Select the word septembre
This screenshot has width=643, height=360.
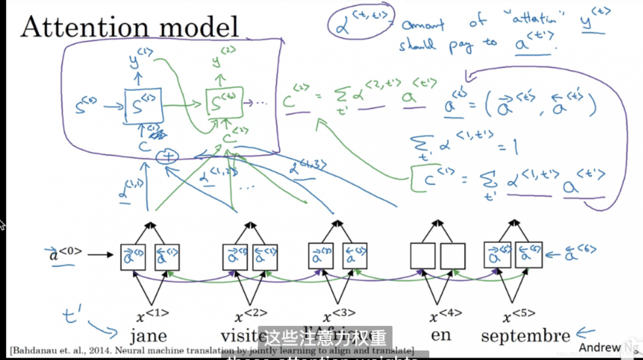pyautogui.click(x=525, y=335)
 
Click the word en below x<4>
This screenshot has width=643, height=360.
pyautogui.click(x=441, y=334)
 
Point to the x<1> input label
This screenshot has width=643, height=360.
pyautogui.click(x=153, y=315)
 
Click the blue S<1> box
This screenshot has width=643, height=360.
pyautogui.click(x=143, y=106)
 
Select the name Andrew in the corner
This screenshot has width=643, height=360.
pyautogui.click(x=600, y=347)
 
